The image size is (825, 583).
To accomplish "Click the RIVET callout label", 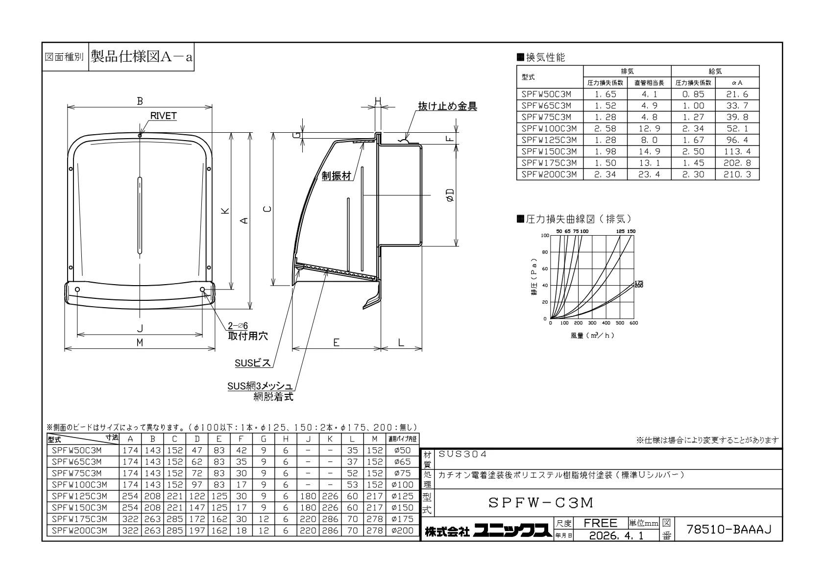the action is [x=163, y=116].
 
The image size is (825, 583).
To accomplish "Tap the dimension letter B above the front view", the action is [x=140, y=101].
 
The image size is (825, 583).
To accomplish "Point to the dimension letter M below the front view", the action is [x=140, y=342].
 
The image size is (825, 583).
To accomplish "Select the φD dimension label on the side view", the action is [x=450, y=195].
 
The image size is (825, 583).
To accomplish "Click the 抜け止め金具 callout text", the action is [x=447, y=106].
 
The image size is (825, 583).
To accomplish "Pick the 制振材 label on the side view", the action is [x=337, y=176].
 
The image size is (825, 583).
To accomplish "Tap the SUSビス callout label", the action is [x=253, y=363].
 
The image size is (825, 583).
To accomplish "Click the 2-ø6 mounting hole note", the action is [x=238, y=326].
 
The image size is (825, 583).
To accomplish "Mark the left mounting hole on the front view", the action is [x=77, y=290].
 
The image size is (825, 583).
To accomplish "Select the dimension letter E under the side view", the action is [x=336, y=342].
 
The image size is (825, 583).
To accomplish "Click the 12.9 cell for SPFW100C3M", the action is [x=649, y=128].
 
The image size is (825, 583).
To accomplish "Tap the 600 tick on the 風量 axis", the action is [x=633, y=323].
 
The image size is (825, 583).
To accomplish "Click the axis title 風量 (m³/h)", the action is [x=593, y=335].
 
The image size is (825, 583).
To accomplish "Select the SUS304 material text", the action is [x=462, y=454].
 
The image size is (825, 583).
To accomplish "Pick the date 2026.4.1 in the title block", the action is [x=616, y=535].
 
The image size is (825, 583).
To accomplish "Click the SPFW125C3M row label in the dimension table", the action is [x=79, y=496].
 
